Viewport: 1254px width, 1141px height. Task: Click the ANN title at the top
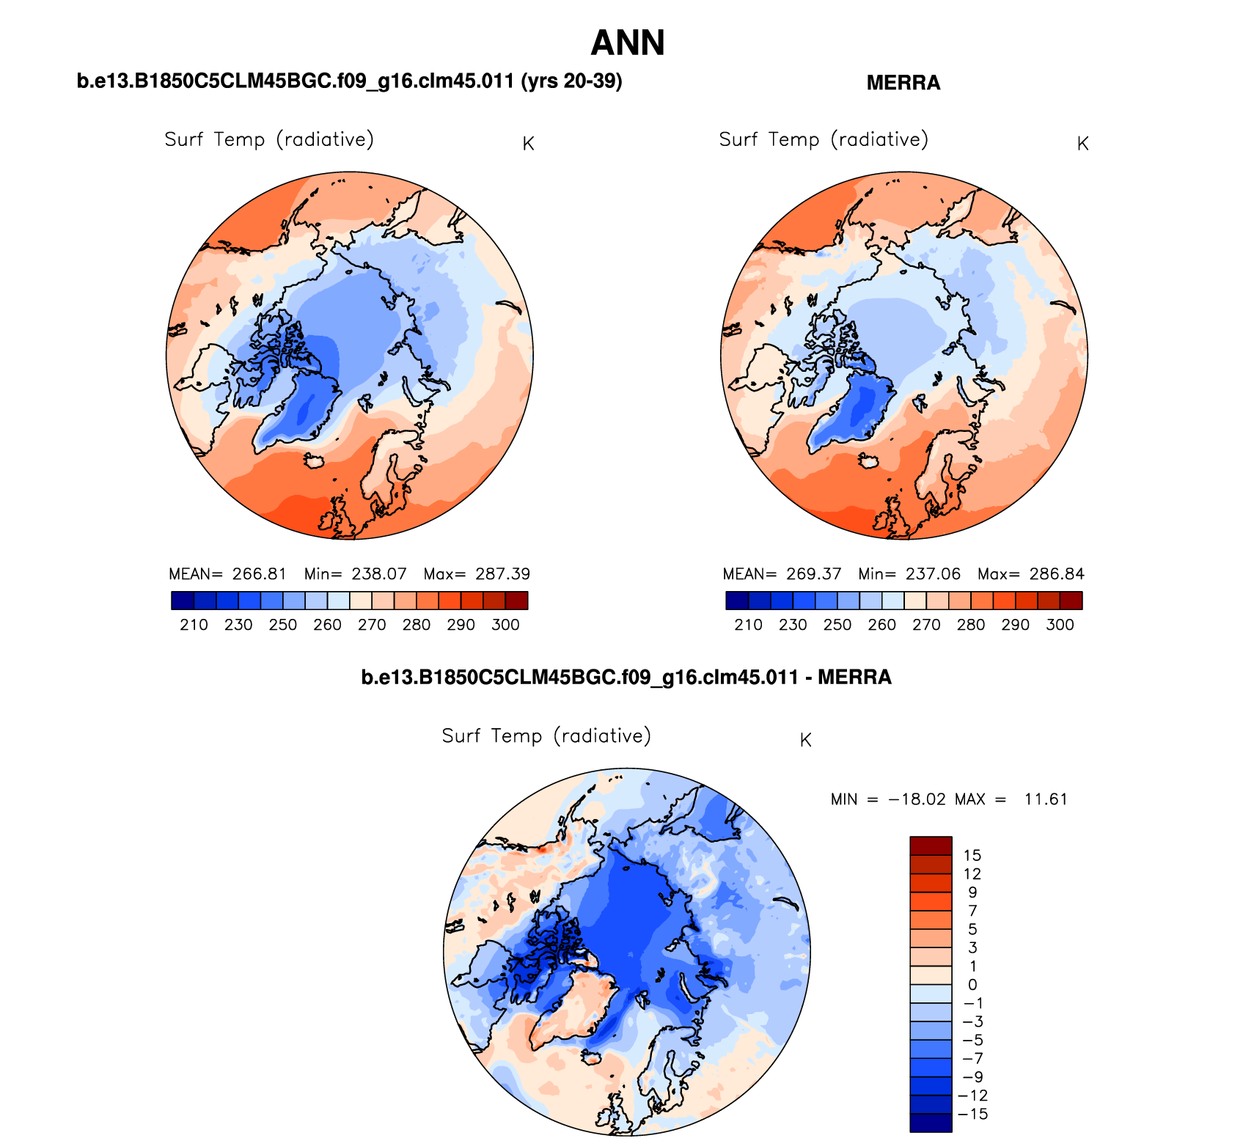tap(627, 43)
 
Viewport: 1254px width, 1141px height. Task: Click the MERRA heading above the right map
tap(903, 83)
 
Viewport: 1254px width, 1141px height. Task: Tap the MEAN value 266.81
tap(259, 574)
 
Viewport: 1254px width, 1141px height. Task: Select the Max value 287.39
tap(502, 574)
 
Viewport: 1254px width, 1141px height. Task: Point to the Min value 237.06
tap(933, 574)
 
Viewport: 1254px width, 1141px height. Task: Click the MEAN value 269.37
tap(813, 574)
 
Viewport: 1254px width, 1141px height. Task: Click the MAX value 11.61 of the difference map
tap(1046, 799)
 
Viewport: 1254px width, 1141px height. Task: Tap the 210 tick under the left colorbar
tap(194, 625)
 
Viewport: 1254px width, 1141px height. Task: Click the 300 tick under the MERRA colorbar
tap(1060, 625)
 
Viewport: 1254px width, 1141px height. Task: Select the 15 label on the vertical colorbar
tap(972, 855)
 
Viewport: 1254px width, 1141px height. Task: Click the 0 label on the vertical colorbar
tap(972, 985)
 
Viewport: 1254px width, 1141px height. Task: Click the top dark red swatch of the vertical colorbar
tap(931, 845)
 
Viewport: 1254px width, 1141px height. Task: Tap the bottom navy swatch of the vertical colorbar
tap(931, 1123)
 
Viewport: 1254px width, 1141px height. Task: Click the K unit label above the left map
tap(528, 144)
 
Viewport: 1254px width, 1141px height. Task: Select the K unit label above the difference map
tap(805, 741)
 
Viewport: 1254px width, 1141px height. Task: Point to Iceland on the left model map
tap(315, 461)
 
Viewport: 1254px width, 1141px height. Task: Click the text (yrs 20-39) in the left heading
tap(571, 81)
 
